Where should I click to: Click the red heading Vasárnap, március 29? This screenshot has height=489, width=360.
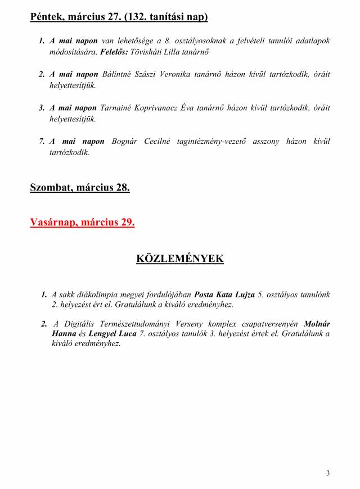click(x=82, y=222)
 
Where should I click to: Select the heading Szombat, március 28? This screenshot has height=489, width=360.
click(x=80, y=188)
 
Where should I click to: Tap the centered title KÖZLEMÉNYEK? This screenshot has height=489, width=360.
click(x=180, y=259)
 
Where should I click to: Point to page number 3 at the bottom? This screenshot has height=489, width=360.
click(x=328, y=473)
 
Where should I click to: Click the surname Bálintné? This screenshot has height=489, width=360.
click(x=116, y=75)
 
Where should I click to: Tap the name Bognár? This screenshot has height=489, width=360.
click(x=125, y=141)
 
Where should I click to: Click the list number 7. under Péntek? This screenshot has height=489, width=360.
click(x=42, y=141)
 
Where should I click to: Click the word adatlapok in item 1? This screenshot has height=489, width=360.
click(x=313, y=41)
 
